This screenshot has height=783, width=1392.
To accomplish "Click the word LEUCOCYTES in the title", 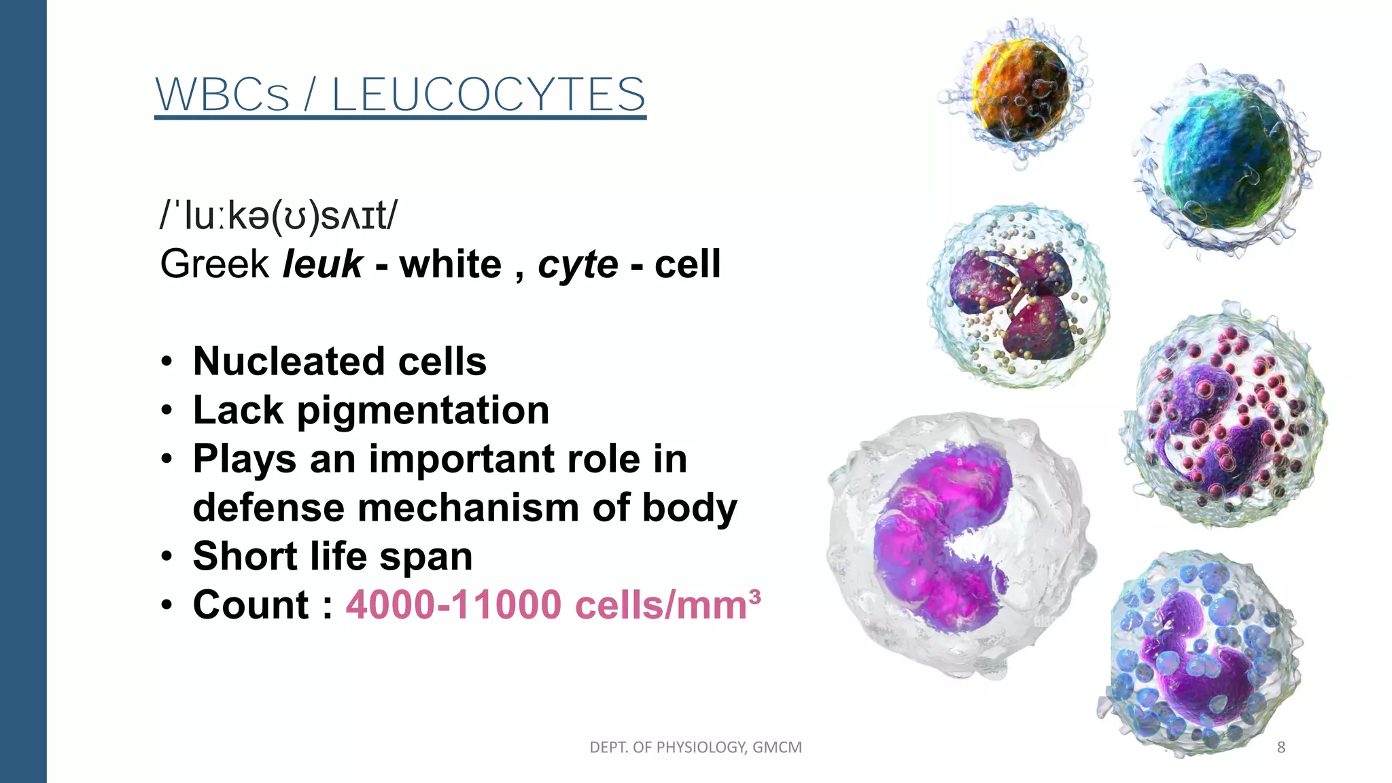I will coord(488,94).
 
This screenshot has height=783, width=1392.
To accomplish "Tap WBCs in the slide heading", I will coord(222,94).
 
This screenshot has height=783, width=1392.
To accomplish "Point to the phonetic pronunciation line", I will coord(279,216).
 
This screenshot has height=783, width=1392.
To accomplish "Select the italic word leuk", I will coord(322,264).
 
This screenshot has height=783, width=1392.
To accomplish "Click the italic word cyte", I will coord(578,264).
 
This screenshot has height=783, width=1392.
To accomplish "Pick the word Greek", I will coord(215,264).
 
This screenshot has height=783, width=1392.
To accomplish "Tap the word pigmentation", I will coord(423,411).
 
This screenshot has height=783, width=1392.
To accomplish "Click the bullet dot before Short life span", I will coord(167,557).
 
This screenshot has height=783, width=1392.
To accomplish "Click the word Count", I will coord(251,605).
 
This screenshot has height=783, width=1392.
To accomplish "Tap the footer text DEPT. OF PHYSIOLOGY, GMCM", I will coord(695,748).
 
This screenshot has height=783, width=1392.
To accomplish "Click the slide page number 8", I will coord(1281,748).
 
